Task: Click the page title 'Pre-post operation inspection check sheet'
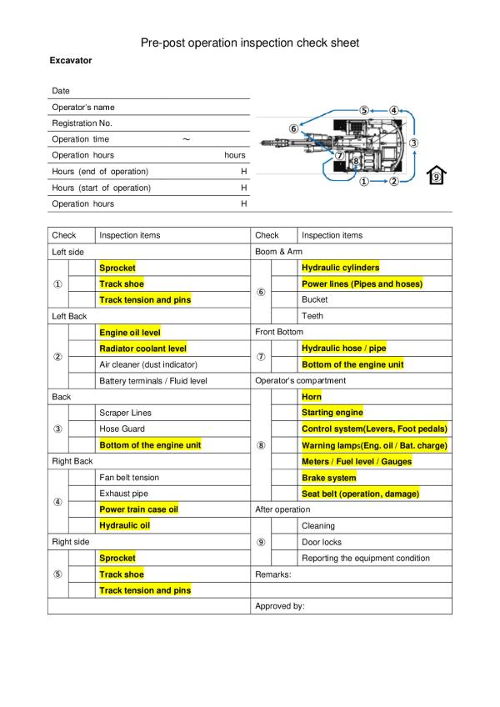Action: (250, 43)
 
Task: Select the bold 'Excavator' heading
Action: (72, 61)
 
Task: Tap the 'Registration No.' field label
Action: (82, 123)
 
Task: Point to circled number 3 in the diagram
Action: (414, 143)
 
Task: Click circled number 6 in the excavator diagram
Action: (293, 128)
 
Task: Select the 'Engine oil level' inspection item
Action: (130, 333)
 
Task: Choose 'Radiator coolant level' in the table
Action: (142, 348)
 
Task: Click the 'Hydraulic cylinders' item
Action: (340, 268)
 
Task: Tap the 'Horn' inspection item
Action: (311, 397)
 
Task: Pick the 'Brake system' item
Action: (328, 478)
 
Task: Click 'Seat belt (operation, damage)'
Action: (360, 494)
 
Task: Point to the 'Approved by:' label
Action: (279, 606)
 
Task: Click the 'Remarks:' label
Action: (273, 574)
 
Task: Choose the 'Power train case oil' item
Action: (139, 509)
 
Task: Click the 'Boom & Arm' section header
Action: (278, 252)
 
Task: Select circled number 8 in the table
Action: (261, 445)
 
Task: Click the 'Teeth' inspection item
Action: (312, 316)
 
